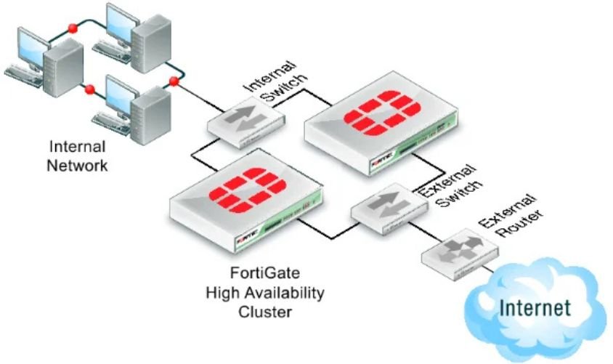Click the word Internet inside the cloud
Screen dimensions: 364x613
point(535,308)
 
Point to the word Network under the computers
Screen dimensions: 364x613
point(77,165)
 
